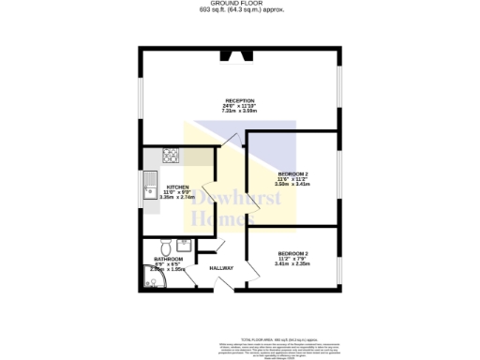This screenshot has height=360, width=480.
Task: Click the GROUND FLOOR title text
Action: point(240,4)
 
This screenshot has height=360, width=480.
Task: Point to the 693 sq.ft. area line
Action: point(240,10)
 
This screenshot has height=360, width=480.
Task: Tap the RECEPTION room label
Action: point(240,100)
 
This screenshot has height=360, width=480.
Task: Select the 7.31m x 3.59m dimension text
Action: point(240,112)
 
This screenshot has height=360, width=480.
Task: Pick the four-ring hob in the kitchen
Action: point(171,155)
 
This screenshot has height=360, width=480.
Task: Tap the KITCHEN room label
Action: point(177,187)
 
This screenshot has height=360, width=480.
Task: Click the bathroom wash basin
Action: point(184,247)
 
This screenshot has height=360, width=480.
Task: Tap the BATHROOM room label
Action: point(169,258)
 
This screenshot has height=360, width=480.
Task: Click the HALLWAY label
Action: point(221,269)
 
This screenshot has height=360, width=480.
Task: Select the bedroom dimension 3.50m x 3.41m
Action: point(292,185)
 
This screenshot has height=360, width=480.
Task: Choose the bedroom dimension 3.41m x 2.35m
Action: point(292,263)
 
